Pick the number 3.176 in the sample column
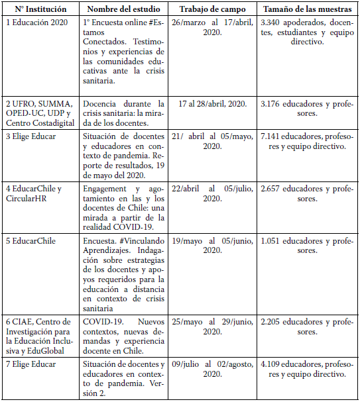tap(273, 104)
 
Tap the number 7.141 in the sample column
tap(273, 136)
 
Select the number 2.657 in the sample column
tap(273, 189)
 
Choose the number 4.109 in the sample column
tap(273, 364)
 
